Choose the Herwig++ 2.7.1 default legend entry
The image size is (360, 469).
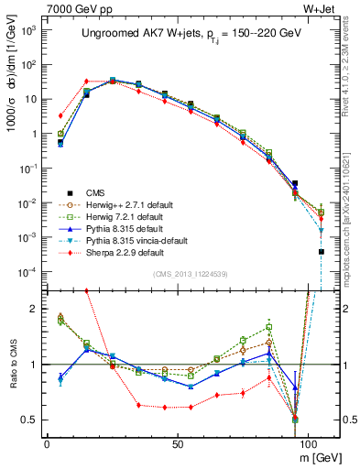[124, 204]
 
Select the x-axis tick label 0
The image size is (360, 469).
[47, 443]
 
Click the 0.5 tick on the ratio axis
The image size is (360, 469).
[27, 420]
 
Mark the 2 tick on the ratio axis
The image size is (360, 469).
[32, 309]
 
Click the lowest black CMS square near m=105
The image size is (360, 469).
[321, 252]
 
